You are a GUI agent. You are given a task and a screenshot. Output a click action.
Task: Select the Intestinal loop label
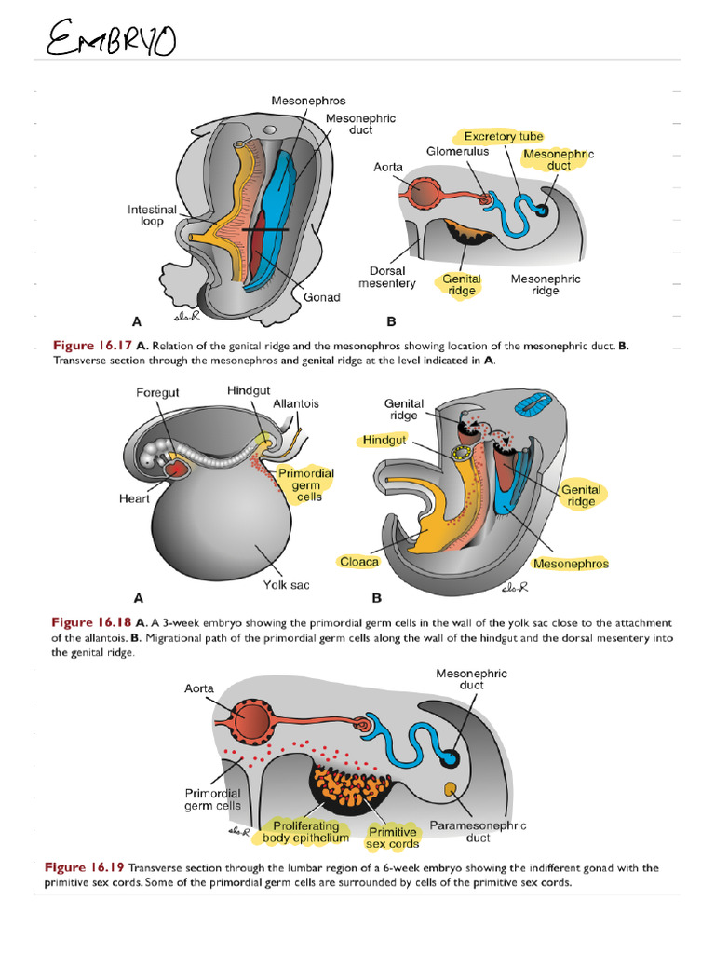(x=152, y=216)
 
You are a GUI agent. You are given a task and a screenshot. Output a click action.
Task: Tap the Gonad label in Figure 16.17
(x=321, y=297)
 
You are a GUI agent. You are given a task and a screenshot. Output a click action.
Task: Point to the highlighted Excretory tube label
(x=503, y=137)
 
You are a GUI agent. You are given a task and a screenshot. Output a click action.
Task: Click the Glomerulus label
(x=457, y=151)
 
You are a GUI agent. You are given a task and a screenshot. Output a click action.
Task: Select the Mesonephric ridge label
(x=546, y=284)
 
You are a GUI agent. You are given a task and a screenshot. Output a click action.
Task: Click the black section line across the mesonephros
(x=265, y=229)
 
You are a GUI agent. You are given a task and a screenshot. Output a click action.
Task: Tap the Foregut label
(x=158, y=393)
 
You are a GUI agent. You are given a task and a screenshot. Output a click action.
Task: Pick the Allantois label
(x=296, y=403)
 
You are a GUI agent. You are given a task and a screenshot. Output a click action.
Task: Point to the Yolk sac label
(x=286, y=585)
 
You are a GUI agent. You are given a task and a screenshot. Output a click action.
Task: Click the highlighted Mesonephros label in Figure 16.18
(x=571, y=563)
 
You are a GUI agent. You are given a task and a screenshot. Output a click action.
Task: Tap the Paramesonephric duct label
(x=478, y=832)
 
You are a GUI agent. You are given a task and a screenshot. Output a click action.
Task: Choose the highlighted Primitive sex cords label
(x=392, y=838)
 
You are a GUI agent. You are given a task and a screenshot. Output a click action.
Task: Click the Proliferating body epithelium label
(x=305, y=832)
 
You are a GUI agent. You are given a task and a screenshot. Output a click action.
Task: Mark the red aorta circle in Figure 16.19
(x=250, y=720)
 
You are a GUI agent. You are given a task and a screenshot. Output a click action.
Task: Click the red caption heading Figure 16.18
(x=91, y=622)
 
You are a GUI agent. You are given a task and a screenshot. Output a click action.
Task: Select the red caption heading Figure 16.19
(x=85, y=867)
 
